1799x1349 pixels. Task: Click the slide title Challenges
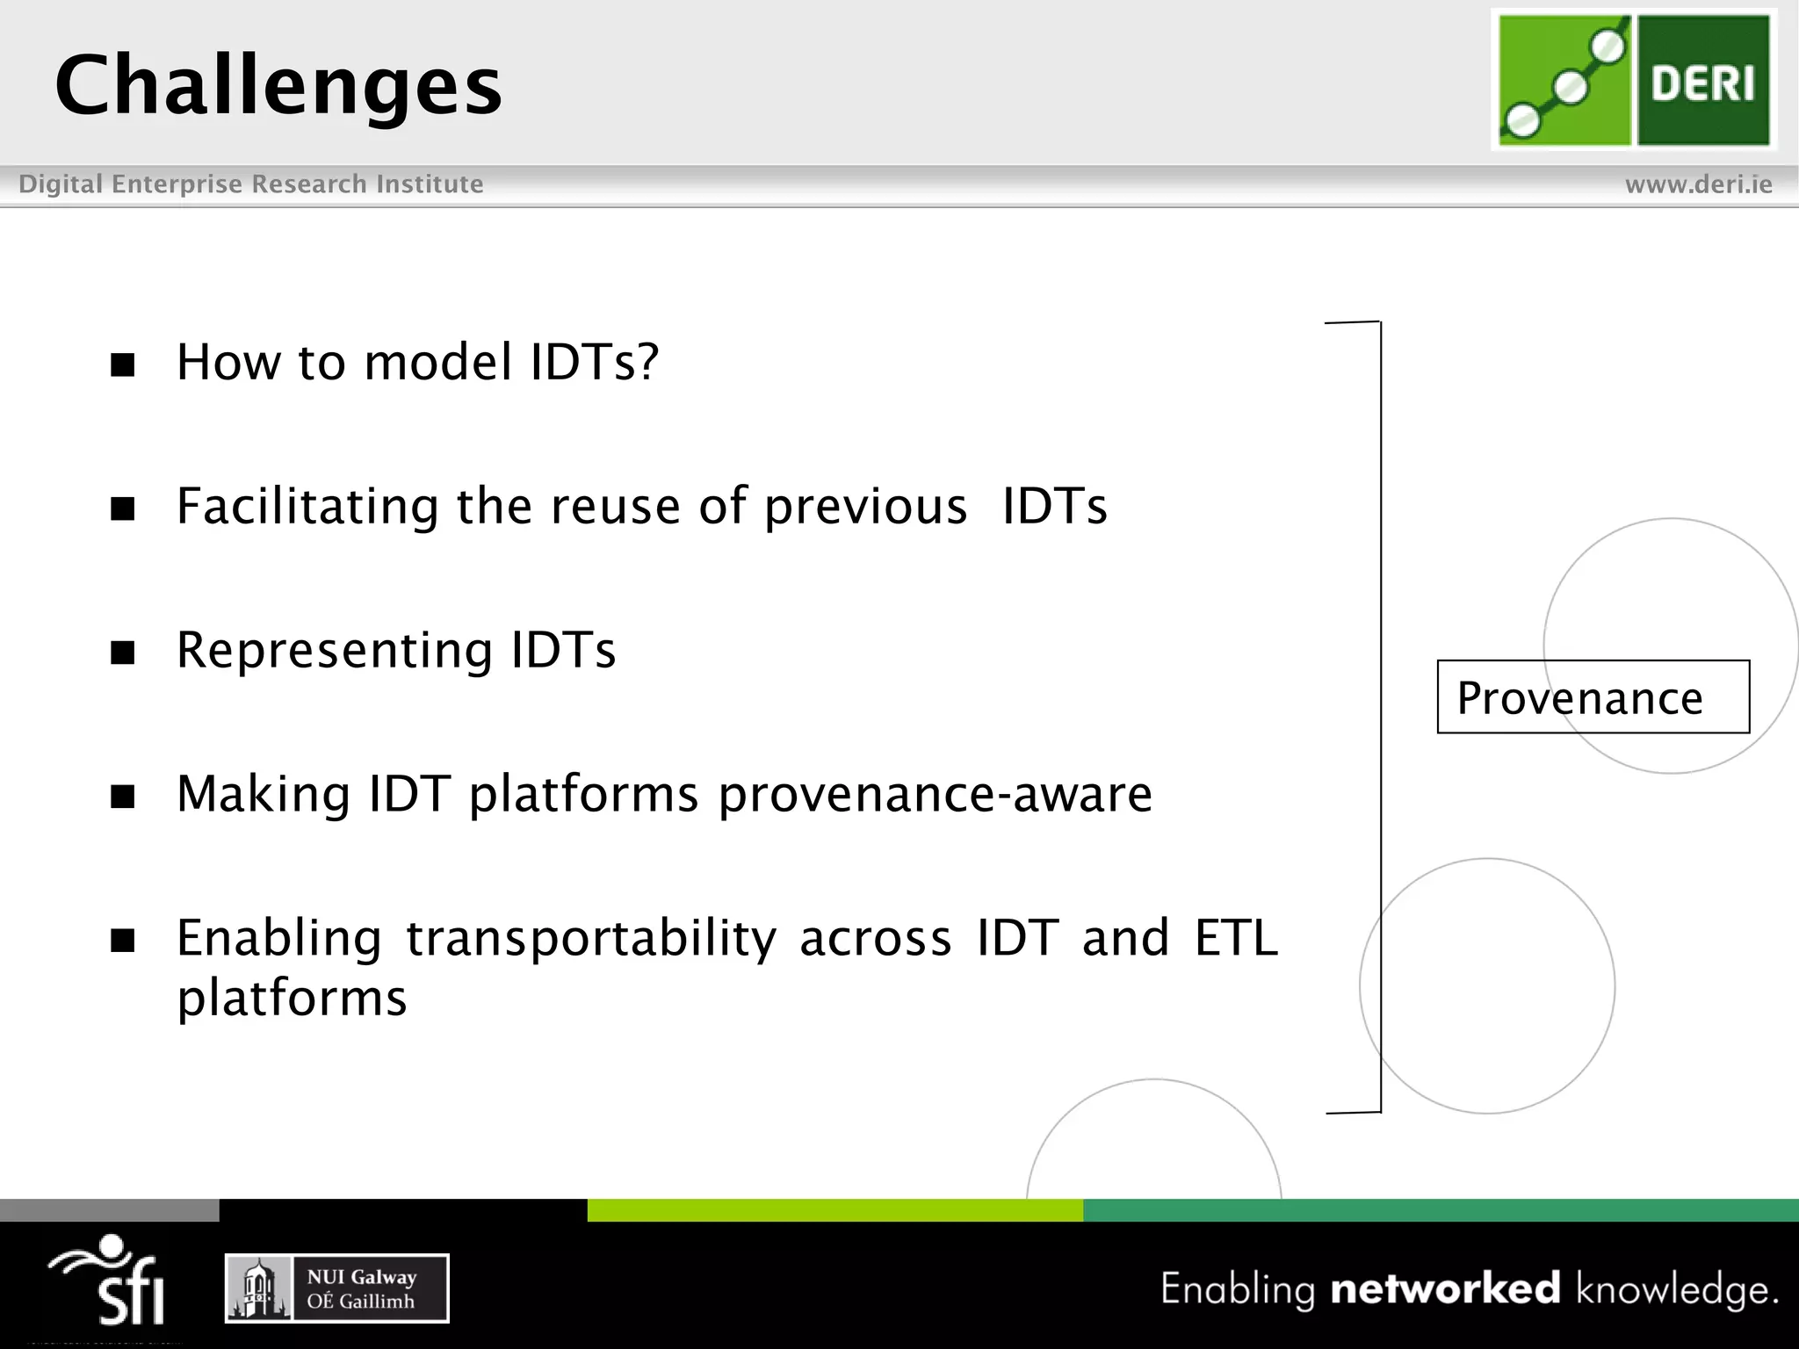(x=278, y=85)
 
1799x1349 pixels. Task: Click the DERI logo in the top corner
(x=1633, y=80)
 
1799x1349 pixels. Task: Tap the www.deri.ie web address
(x=1698, y=184)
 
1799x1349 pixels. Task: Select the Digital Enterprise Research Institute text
(x=251, y=184)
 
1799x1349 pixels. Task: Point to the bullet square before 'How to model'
(x=123, y=364)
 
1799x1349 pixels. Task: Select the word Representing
(x=334, y=652)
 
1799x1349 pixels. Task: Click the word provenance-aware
(x=935, y=795)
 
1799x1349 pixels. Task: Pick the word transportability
(x=590, y=939)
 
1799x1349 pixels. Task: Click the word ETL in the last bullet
(x=1235, y=938)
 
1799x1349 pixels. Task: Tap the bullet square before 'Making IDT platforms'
(x=123, y=797)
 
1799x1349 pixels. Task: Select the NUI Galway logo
(x=336, y=1288)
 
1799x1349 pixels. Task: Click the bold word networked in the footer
(x=1445, y=1289)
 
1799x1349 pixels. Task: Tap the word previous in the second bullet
(x=865, y=508)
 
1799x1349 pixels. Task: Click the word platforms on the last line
(x=292, y=999)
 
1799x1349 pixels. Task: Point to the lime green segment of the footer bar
(x=834, y=1209)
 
